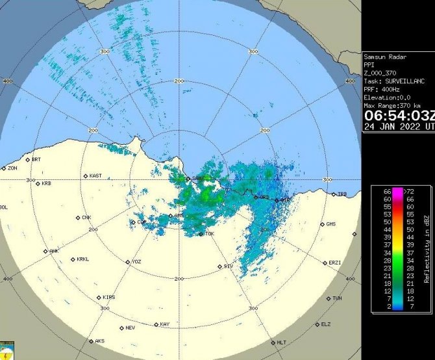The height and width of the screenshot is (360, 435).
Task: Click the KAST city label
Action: tap(95, 175)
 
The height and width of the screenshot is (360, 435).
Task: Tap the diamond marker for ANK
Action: tap(45, 251)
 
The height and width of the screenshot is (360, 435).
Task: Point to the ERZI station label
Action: tap(335, 262)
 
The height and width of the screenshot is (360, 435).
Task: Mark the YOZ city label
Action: tap(136, 261)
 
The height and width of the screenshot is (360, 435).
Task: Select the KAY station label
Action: tap(164, 324)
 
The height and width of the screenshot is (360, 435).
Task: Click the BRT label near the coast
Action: tap(36, 159)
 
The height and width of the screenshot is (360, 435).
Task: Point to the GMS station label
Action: tap(331, 224)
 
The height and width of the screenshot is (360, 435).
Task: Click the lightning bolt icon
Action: tap(6, 352)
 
